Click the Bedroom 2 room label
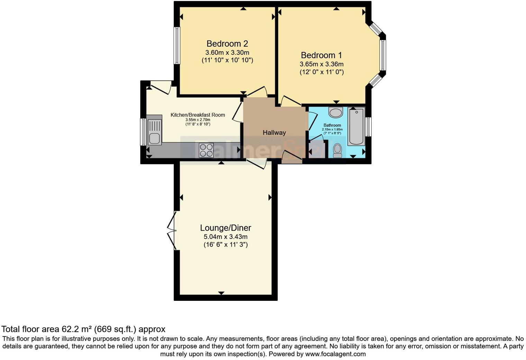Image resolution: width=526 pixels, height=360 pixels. [227, 44]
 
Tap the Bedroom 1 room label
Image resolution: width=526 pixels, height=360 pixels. [321, 55]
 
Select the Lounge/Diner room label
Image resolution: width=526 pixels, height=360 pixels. [226, 228]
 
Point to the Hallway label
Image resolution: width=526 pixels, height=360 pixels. [274, 133]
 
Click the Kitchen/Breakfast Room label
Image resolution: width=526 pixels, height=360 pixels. [198, 115]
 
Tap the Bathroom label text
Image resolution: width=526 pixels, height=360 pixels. [332, 125]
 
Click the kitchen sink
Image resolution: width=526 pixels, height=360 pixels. [154, 130]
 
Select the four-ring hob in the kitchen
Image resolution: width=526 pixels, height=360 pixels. [206, 150]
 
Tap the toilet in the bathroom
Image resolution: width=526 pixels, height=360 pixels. [337, 151]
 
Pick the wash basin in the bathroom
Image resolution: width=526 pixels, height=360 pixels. [335, 112]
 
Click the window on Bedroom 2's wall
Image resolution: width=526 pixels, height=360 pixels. [177, 46]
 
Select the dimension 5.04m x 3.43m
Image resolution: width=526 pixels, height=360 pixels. [226, 237]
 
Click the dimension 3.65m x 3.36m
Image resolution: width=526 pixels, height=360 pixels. [321, 64]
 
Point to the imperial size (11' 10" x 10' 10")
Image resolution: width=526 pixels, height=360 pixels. [227, 60]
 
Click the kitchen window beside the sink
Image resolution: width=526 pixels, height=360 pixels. [143, 132]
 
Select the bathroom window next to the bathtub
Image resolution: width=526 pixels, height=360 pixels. [369, 127]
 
